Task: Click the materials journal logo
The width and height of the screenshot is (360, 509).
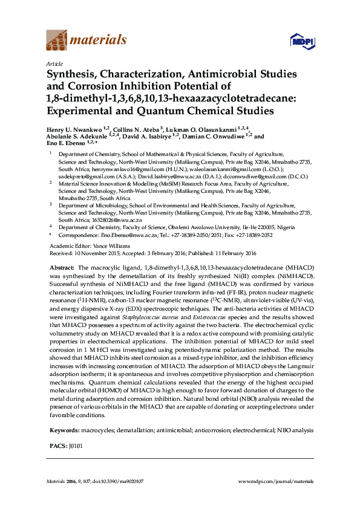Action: pos(86,41)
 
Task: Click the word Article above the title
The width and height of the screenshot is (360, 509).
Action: pos(53,63)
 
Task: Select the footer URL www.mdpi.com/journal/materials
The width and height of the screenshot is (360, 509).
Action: pos(277,481)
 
